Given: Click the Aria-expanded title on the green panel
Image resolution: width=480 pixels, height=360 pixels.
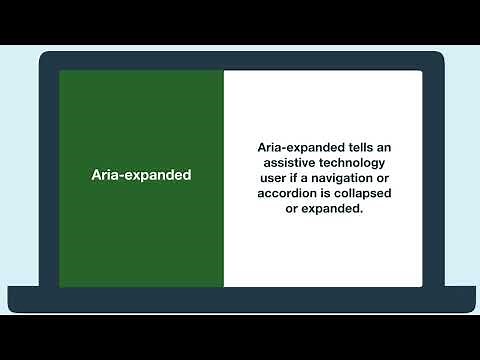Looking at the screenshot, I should [x=141, y=175].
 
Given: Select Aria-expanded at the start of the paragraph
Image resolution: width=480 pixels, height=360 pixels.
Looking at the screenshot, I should [x=290, y=146].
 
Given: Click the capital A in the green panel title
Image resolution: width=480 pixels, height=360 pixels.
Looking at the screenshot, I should [x=96, y=175].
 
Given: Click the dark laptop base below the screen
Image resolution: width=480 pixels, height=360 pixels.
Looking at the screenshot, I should [x=240, y=300].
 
